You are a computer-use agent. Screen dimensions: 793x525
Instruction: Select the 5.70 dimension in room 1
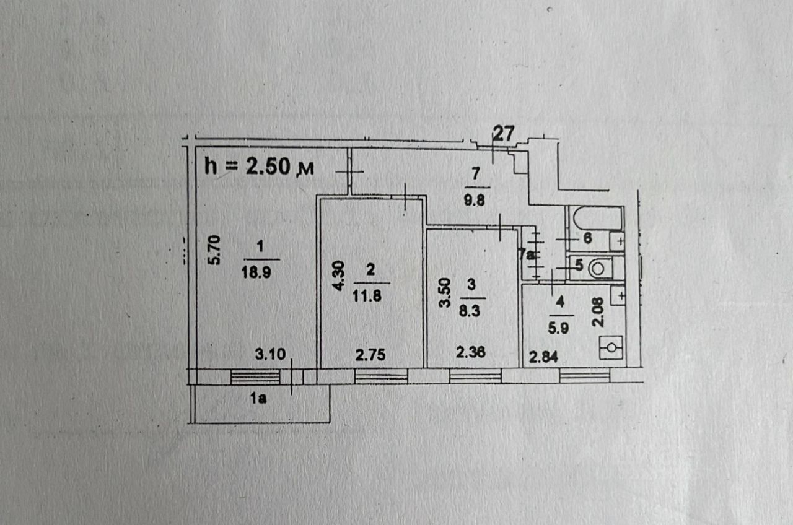pos(214,251)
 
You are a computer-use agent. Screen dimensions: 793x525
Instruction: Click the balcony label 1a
pos(259,399)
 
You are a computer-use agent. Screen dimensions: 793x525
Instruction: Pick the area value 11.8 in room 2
pos(370,296)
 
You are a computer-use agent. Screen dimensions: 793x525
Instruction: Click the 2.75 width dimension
pos(370,355)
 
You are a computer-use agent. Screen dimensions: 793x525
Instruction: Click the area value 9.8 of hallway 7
pos(476,200)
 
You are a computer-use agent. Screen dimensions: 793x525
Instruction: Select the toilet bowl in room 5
pos(598,268)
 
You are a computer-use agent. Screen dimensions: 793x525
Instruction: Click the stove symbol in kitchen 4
pos(611,347)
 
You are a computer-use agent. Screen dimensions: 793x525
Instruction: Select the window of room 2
pos(380,376)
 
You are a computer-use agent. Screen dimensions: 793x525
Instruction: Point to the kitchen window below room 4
pos(585,375)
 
